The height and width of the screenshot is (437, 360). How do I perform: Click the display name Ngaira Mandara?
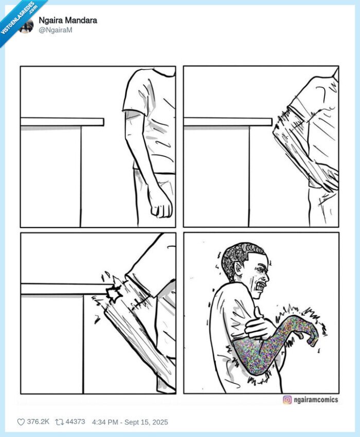tap(68, 21)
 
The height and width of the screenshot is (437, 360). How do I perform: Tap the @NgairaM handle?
tap(56, 30)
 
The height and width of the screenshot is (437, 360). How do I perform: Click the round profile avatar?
tap(26, 25)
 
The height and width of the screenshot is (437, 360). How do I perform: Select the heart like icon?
tap(21, 422)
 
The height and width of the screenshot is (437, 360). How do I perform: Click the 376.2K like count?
tap(38, 422)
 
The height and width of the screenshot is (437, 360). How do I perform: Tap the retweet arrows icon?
tap(59, 422)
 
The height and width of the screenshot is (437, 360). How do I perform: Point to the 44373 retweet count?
tap(75, 422)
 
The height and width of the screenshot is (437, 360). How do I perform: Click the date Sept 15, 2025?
tap(146, 422)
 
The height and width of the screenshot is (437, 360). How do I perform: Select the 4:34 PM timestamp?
tap(105, 422)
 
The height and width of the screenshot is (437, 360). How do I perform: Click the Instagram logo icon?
tap(287, 399)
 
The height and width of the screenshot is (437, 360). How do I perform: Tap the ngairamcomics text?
tap(316, 399)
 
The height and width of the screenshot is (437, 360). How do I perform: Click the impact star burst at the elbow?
tap(114, 293)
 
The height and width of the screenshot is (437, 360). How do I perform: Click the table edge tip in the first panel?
tap(103, 122)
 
